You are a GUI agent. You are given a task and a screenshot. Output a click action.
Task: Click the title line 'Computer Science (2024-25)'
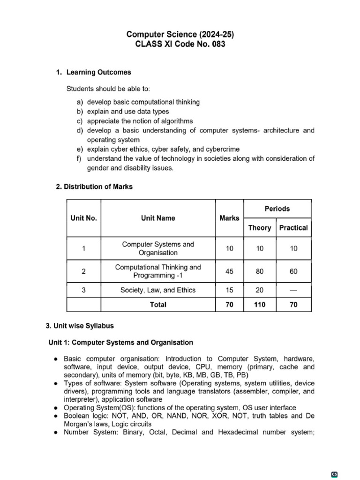[180, 34]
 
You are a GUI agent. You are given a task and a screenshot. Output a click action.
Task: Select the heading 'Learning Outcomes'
[99, 73]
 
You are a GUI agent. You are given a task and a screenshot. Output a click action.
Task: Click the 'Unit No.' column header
[84, 218]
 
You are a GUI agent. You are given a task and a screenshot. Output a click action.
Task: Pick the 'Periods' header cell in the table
[277, 209]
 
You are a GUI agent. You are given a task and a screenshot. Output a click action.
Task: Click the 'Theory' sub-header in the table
[260, 228]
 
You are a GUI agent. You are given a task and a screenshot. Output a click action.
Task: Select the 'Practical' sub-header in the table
[293, 228]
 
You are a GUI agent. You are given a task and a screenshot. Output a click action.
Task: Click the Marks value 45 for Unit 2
[229, 271]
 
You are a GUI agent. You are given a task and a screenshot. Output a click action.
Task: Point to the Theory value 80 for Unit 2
[260, 271]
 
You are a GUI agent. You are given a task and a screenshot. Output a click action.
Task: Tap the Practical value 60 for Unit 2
[293, 271]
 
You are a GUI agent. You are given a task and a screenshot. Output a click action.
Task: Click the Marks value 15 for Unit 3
[229, 290]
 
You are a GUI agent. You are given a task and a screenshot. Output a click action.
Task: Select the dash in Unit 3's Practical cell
[293, 290]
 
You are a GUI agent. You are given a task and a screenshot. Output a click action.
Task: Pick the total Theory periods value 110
[260, 305]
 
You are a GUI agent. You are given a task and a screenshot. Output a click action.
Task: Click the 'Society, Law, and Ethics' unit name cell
[158, 290]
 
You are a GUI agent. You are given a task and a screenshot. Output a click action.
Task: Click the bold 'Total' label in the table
[158, 305]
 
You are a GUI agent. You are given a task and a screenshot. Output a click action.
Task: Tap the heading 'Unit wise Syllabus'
[83, 325]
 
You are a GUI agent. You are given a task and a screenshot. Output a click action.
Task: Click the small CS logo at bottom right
[335, 474]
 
